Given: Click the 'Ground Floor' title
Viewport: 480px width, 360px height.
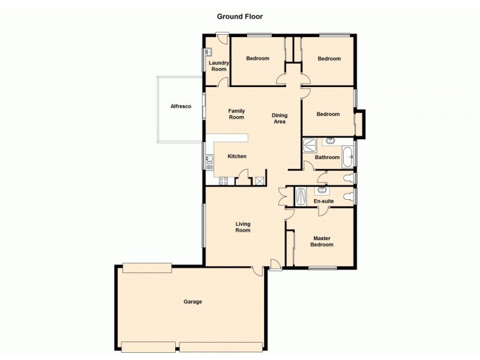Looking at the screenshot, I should (240, 17).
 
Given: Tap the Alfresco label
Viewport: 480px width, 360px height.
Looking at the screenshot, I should (181, 106).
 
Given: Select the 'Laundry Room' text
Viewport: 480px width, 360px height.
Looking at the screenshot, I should (218, 66).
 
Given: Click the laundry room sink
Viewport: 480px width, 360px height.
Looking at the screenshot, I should (208, 52).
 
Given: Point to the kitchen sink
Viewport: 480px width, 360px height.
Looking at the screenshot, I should (209, 160).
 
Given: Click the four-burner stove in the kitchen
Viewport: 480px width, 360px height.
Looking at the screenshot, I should (223, 179).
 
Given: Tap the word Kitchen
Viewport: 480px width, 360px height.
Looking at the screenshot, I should (237, 157).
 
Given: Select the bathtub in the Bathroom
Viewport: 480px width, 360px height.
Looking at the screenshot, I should (348, 154).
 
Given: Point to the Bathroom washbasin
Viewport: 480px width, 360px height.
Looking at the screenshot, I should (331, 142).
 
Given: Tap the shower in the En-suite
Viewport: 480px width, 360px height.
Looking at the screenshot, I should (302, 196).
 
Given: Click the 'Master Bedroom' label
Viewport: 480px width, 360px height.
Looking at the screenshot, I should (321, 241).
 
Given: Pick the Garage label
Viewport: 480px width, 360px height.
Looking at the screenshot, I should (193, 302).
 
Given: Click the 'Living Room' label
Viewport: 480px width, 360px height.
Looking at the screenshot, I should (242, 227).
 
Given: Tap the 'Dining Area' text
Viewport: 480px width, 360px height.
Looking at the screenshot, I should (279, 118).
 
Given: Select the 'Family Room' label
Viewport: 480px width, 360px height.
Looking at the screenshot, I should (236, 114).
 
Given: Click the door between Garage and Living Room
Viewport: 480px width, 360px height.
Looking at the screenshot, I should (257, 270).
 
